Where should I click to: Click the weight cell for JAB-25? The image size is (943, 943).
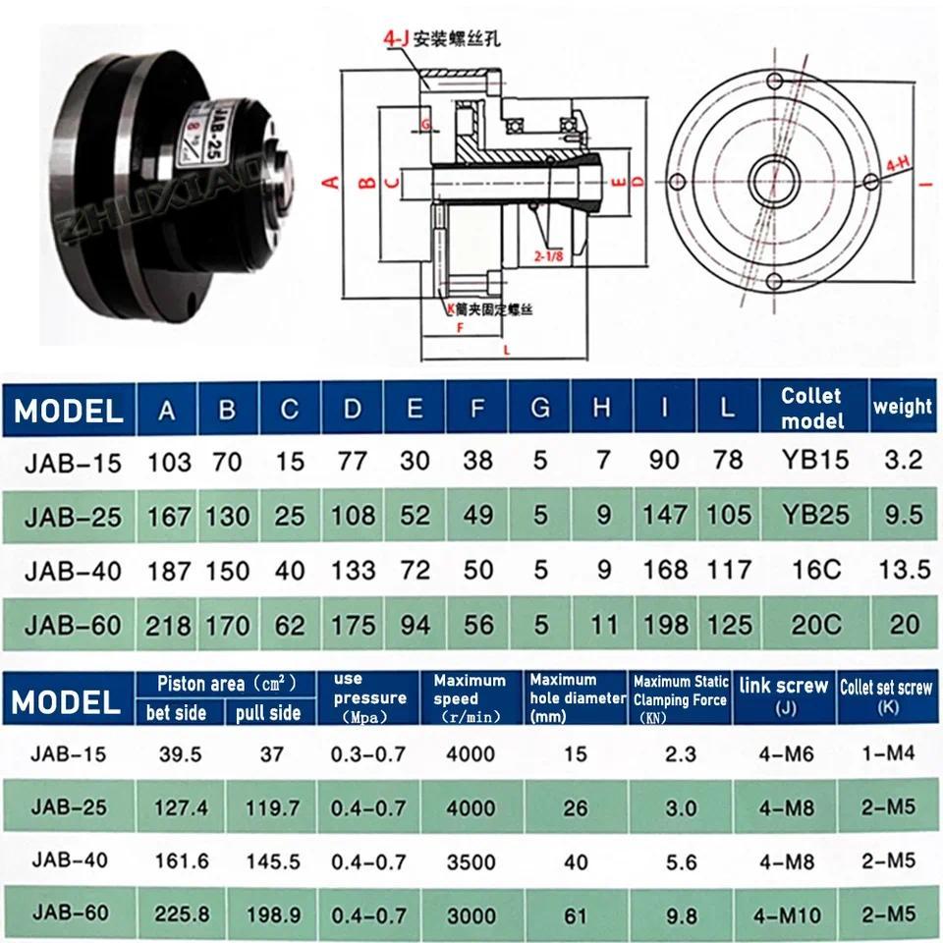coord(905,515)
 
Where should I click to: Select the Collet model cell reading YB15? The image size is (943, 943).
coord(813,460)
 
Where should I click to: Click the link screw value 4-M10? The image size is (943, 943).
coord(782,915)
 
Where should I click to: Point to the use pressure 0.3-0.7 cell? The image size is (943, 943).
coord(370,753)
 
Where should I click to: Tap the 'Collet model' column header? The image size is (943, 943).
coord(811,408)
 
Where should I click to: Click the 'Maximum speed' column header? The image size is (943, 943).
coord(470,690)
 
